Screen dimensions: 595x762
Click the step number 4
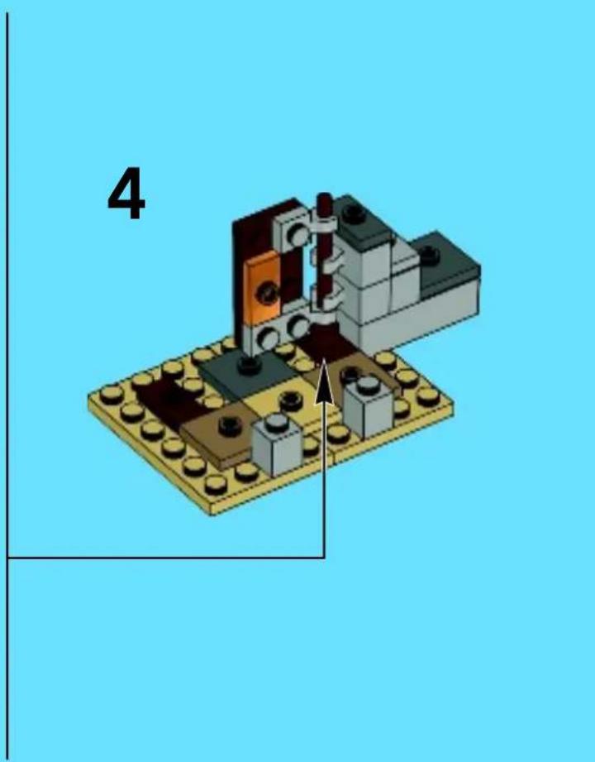[x=126, y=194]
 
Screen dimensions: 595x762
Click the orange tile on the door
[x=263, y=289]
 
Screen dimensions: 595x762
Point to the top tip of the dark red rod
[x=324, y=195]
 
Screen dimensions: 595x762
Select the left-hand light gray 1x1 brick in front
[x=277, y=445]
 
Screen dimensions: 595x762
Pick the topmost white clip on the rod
[x=325, y=222]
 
